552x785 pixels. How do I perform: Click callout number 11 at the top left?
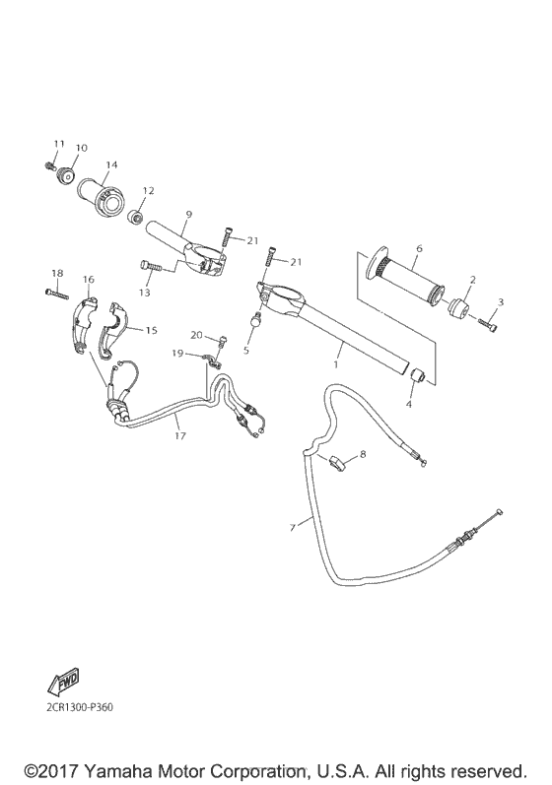coord(57,145)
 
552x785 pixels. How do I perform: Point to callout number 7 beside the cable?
coord(292,529)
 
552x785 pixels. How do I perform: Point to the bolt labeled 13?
coord(154,265)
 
